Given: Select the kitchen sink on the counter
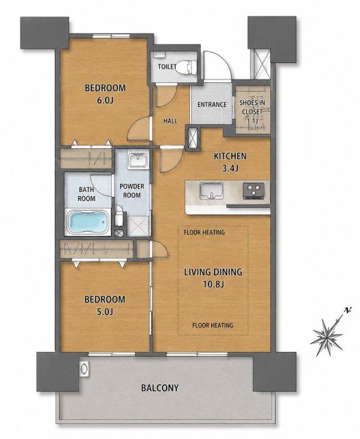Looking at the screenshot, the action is tap(211, 191).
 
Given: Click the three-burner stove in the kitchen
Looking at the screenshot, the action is tap(254, 191).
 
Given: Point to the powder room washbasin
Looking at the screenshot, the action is tap(137, 161).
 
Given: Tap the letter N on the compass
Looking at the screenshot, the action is tap(348, 310).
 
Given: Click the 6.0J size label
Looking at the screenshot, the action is tap(105, 101).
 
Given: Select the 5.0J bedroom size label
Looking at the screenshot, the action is tap(105, 311).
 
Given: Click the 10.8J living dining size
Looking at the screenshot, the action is tap(213, 285).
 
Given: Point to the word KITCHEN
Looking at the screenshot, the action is tap(230, 156).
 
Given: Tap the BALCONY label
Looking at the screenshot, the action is tap(160, 388).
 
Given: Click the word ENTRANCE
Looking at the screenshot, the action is tap(212, 105).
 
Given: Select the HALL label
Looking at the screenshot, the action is tap(170, 121).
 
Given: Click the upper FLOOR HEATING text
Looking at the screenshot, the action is tap(204, 232).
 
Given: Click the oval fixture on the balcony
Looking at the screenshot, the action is tap(84, 368).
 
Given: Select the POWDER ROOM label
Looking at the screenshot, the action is tap(132, 191).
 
